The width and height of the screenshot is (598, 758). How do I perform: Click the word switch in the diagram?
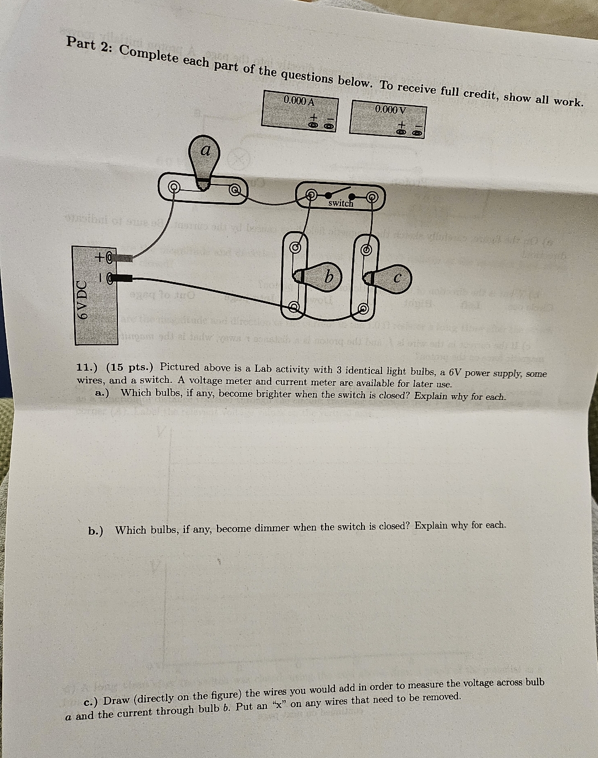pyautogui.click(x=341, y=203)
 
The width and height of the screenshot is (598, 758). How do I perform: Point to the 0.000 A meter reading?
pyautogui.click(x=298, y=101)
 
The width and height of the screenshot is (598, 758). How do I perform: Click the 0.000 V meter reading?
pyautogui.click(x=390, y=110)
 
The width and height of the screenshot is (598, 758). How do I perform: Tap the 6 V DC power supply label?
pyautogui.click(x=82, y=300)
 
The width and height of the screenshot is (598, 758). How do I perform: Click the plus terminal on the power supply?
pyautogui.click(x=109, y=257)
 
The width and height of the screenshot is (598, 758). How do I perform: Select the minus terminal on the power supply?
pyautogui.click(x=109, y=278)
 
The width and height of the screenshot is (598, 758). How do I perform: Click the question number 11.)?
pyautogui.click(x=87, y=367)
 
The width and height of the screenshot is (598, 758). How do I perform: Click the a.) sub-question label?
pyautogui.click(x=102, y=393)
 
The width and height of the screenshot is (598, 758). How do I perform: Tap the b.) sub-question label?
pyautogui.click(x=96, y=531)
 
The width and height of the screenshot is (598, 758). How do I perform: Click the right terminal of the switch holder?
pyautogui.click(x=373, y=196)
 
